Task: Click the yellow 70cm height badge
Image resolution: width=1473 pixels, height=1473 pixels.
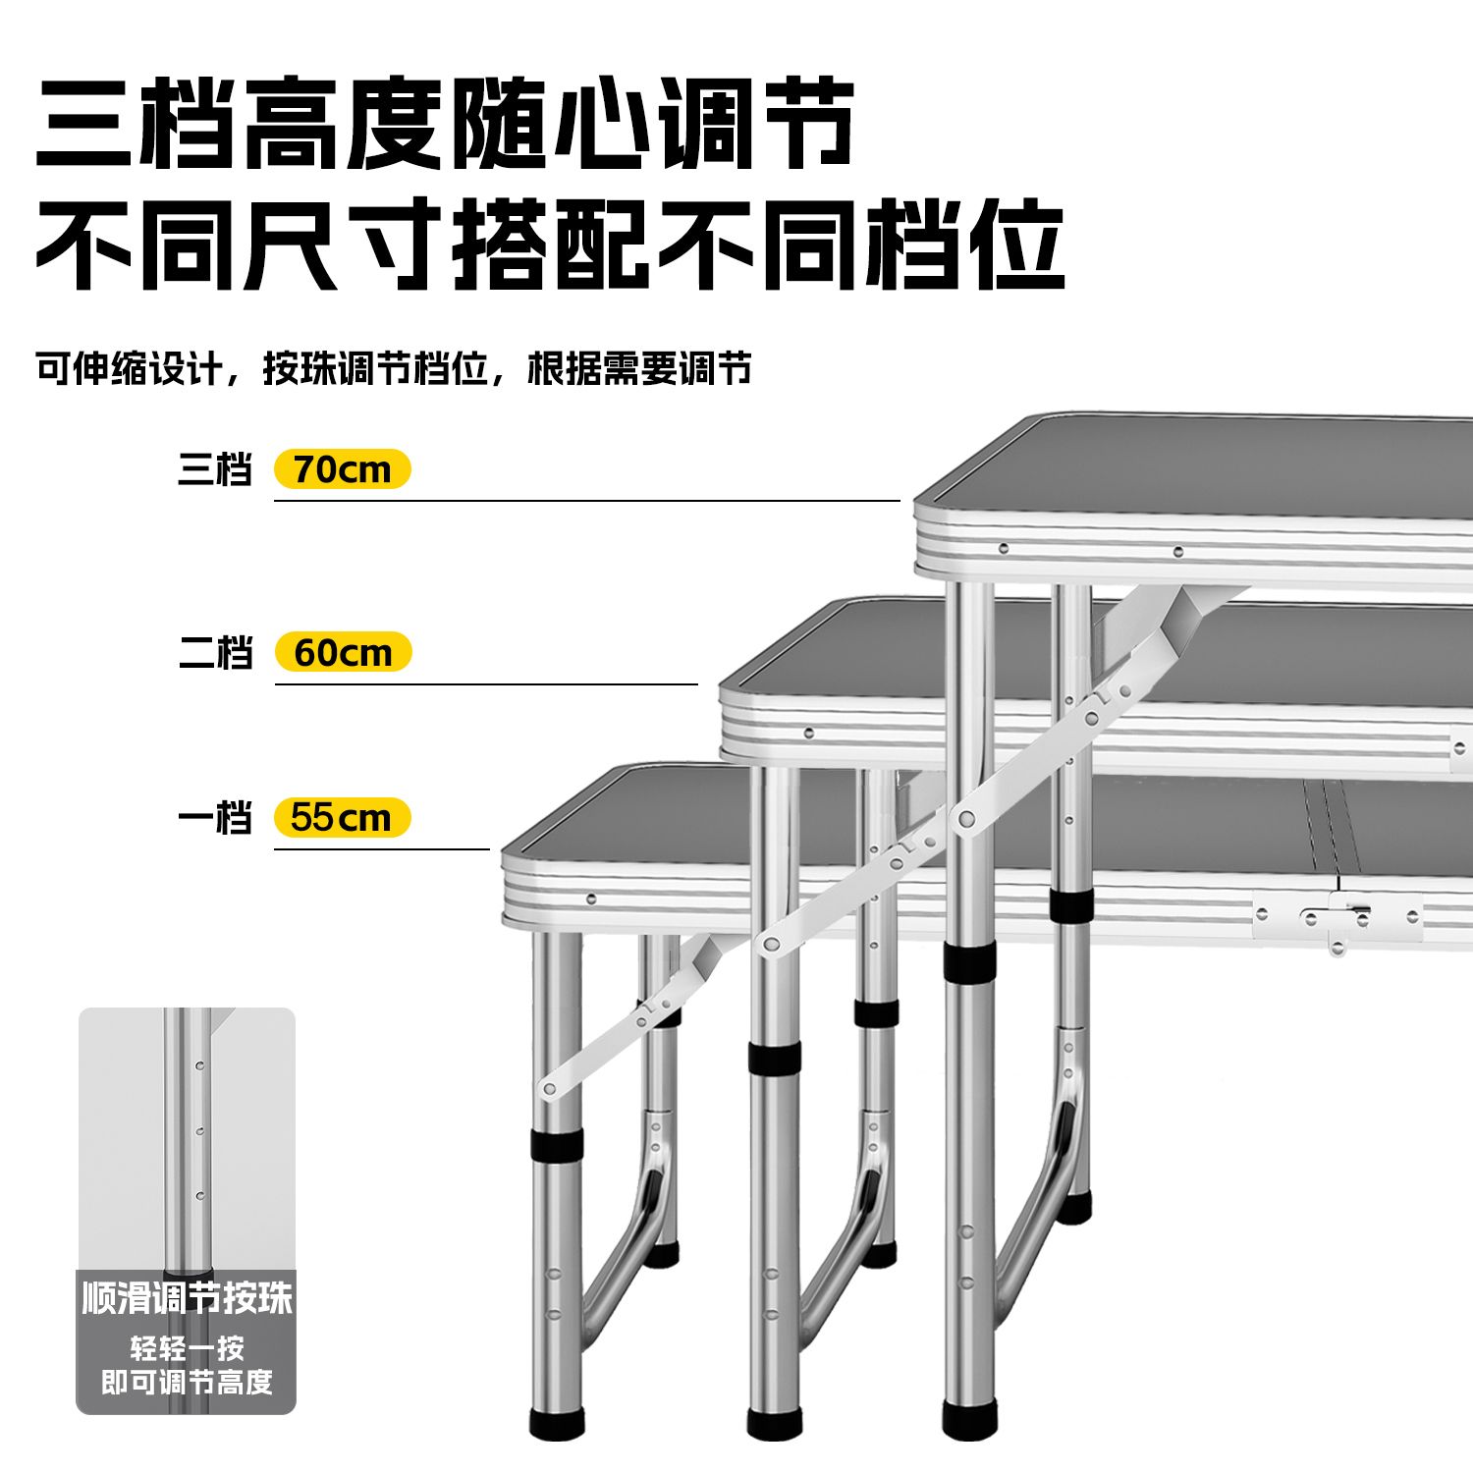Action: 342,469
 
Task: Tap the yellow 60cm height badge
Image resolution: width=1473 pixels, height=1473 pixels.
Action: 343,652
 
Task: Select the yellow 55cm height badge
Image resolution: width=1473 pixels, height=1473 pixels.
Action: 342,817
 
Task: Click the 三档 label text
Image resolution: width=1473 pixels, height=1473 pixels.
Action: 215,469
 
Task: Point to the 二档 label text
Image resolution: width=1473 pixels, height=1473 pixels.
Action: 215,652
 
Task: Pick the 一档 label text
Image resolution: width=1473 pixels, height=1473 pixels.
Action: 215,817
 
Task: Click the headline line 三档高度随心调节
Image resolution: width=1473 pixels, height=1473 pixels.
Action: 445,123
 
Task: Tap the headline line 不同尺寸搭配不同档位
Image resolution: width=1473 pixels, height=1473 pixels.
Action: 550,243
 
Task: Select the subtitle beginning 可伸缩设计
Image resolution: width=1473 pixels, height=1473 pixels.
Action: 394,368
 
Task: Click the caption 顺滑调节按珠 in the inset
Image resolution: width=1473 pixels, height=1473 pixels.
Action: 187,1298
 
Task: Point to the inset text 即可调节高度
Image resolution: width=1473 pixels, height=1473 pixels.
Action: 187,1382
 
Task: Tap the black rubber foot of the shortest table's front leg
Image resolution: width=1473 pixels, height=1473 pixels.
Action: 557,1424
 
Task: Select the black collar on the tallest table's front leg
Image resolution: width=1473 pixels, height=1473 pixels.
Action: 969,962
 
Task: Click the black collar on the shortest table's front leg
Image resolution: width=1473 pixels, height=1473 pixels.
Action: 557,1145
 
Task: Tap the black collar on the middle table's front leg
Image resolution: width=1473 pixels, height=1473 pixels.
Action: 775,1058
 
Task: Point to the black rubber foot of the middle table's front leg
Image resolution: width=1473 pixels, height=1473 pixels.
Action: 775,1424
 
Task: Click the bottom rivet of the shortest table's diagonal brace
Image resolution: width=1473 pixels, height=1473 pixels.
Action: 549,1087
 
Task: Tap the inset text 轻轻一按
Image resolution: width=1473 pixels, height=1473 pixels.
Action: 187,1347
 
